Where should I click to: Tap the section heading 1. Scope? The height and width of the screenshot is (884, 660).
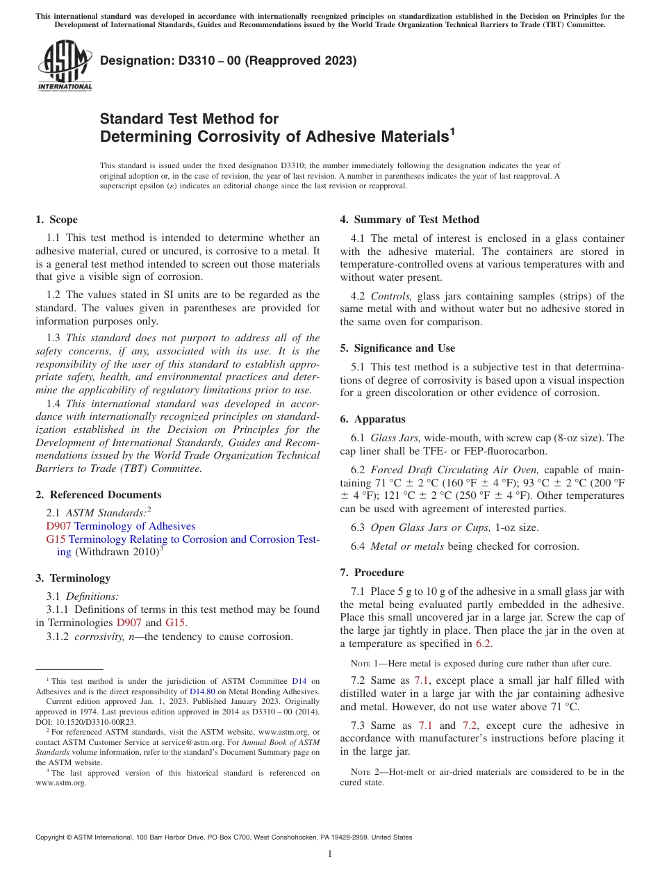click(x=57, y=220)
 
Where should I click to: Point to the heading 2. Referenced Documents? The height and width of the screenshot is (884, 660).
click(x=99, y=495)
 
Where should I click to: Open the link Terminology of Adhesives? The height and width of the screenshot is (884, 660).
click(x=135, y=526)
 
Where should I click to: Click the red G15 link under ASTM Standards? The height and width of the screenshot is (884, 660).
click(x=56, y=539)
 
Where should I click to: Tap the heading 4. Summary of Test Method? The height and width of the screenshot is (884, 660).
click(x=410, y=220)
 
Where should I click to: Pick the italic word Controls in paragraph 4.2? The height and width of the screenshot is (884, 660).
click(x=391, y=296)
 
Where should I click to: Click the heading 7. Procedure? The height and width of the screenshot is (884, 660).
click(x=372, y=573)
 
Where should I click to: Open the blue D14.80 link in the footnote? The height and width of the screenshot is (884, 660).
click(x=201, y=691)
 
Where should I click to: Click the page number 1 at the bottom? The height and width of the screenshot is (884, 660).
click(x=330, y=854)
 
